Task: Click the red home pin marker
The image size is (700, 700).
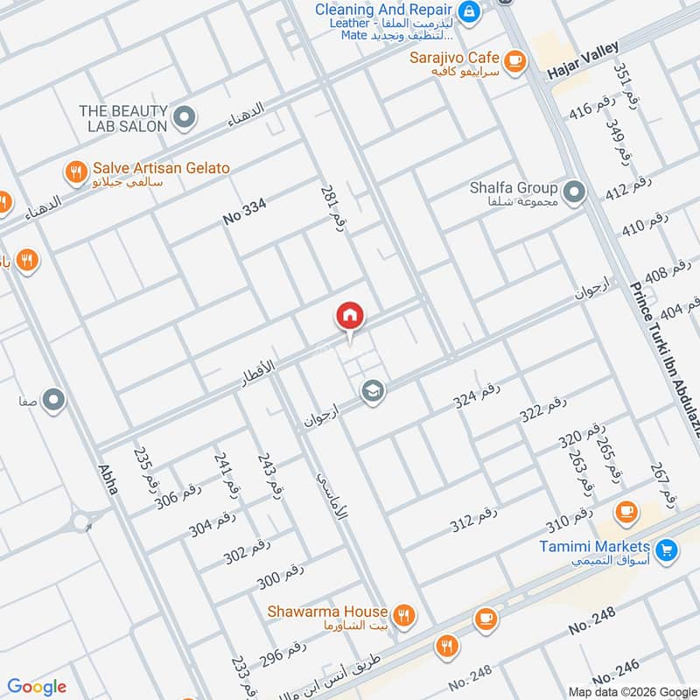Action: pos(349,316)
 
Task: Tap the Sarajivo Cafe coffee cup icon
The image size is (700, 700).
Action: pos(515,59)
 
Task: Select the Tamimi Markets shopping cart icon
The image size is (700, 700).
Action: pos(667,549)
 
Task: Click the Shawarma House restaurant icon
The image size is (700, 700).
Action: pos(403,615)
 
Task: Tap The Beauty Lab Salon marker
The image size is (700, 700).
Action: pos(184,117)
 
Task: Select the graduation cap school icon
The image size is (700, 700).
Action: pos(373,391)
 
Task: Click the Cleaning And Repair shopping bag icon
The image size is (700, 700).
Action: pos(470,11)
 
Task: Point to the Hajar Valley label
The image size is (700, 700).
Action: pos(583,62)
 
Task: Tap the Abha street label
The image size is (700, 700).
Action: pos(108,477)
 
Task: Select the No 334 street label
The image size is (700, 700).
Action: pos(244,213)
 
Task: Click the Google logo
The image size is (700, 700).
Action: pos(38,686)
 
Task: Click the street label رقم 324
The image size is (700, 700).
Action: pos(476,396)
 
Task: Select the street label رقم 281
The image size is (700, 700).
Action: pos(330,208)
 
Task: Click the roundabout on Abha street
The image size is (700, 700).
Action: pos(81,523)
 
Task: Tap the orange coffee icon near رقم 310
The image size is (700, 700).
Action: pos(626,510)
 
